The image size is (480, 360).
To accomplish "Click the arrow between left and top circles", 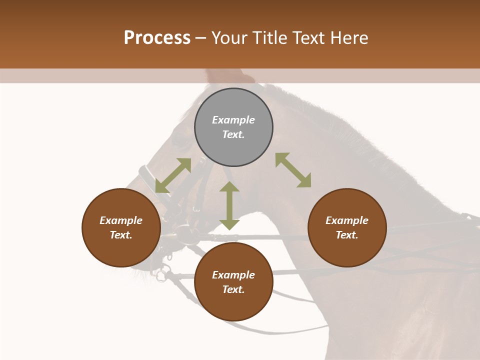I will click(x=173, y=175).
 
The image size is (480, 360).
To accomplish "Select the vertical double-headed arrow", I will click(x=229, y=205).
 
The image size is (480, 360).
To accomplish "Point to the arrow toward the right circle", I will click(x=293, y=170).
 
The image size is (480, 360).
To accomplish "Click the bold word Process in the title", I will click(x=157, y=37).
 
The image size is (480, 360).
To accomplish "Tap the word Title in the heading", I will click(x=269, y=37).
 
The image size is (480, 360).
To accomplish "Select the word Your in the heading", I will click(x=230, y=37).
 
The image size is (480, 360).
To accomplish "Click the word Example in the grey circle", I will click(x=233, y=120).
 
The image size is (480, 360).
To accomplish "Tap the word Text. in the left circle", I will click(x=121, y=235).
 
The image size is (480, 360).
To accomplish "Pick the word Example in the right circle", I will click(x=347, y=220).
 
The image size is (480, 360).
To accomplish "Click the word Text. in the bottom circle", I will click(x=233, y=289).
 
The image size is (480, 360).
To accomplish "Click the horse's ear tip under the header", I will click(x=215, y=75).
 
